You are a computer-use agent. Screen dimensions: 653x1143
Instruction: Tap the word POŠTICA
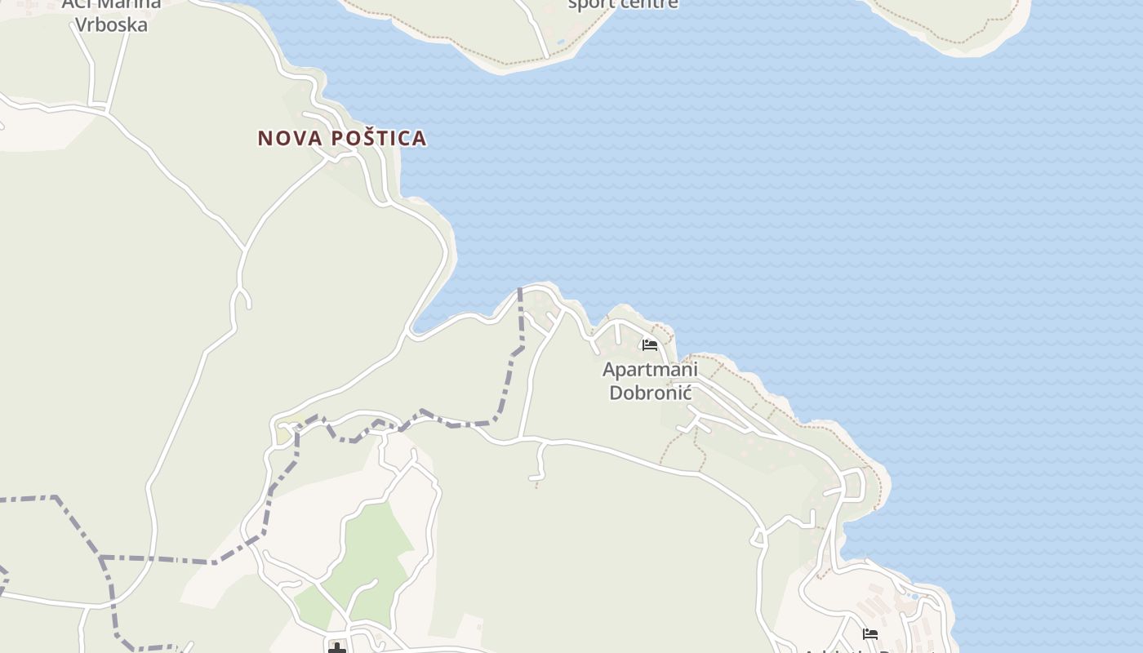click(x=378, y=138)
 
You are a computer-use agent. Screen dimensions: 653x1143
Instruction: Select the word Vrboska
click(x=111, y=24)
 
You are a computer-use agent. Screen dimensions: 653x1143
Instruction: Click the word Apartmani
click(x=650, y=370)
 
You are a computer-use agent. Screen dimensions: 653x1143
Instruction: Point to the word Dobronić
click(x=650, y=393)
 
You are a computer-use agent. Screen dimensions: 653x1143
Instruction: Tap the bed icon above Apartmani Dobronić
click(x=650, y=344)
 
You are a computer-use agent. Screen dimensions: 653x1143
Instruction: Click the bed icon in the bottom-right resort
click(x=870, y=633)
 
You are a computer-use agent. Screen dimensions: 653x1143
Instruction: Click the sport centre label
click(x=622, y=4)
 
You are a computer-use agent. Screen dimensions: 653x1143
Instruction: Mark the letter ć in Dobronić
click(x=687, y=393)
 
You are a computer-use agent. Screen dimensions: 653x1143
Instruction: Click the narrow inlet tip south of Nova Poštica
click(x=416, y=331)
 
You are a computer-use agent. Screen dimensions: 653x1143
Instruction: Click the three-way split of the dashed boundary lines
click(x=101, y=558)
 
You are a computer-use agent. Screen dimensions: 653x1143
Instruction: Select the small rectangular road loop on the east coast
click(x=854, y=485)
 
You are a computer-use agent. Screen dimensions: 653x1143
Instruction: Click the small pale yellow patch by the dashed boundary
click(x=284, y=434)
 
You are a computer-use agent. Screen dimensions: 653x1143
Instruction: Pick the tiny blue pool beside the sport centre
click(x=560, y=41)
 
